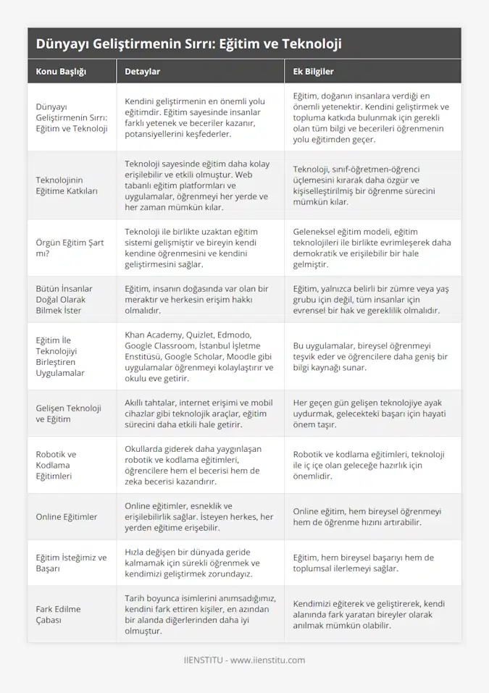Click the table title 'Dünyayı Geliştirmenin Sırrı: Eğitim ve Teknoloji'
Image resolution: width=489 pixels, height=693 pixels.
tap(188, 43)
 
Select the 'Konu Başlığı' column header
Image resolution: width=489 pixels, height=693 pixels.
tap(61, 72)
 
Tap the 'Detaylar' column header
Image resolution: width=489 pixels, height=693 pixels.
tap(143, 72)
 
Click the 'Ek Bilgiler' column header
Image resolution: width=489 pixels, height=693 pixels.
tap(313, 72)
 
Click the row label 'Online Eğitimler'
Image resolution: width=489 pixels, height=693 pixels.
tap(66, 516)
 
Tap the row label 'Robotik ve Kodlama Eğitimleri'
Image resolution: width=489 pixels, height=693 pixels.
tap(56, 464)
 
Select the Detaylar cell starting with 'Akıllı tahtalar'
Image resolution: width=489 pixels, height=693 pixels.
tap(198, 413)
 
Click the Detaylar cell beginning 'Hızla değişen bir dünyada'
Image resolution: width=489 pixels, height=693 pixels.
tap(198, 563)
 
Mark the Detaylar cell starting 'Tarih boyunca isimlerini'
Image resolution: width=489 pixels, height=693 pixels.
tap(198, 614)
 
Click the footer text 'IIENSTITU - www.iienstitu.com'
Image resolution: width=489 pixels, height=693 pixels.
tap(244, 660)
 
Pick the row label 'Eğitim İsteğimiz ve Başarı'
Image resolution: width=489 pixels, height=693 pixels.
tap(71, 563)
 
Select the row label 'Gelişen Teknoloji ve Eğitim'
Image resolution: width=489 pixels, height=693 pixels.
tap(68, 413)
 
